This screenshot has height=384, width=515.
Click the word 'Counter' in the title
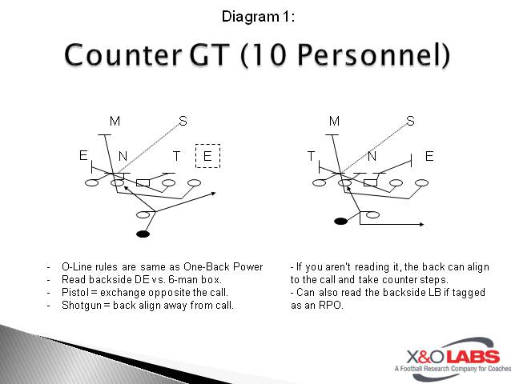click(117, 55)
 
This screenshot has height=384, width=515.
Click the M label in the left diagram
click(115, 121)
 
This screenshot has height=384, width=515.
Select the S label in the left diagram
click(183, 121)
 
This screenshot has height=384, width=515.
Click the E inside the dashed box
click(207, 156)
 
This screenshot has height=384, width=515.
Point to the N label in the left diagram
click(123, 156)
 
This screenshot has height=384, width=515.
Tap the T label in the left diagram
click(177, 156)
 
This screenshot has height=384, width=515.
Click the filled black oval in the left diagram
click(143, 234)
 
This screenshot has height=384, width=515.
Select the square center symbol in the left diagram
click(143, 183)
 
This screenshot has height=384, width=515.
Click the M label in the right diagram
click(334, 121)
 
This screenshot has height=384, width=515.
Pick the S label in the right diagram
click(410, 121)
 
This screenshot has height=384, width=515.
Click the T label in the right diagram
click(312, 156)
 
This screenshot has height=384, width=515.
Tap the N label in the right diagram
click(372, 156)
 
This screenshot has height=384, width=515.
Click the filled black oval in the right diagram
click(340, 220)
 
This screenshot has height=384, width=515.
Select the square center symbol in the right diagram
click(370, 183)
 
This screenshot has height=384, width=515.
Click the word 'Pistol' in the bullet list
click(75, 292)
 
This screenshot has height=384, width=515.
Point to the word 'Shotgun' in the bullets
click(82, 305)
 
